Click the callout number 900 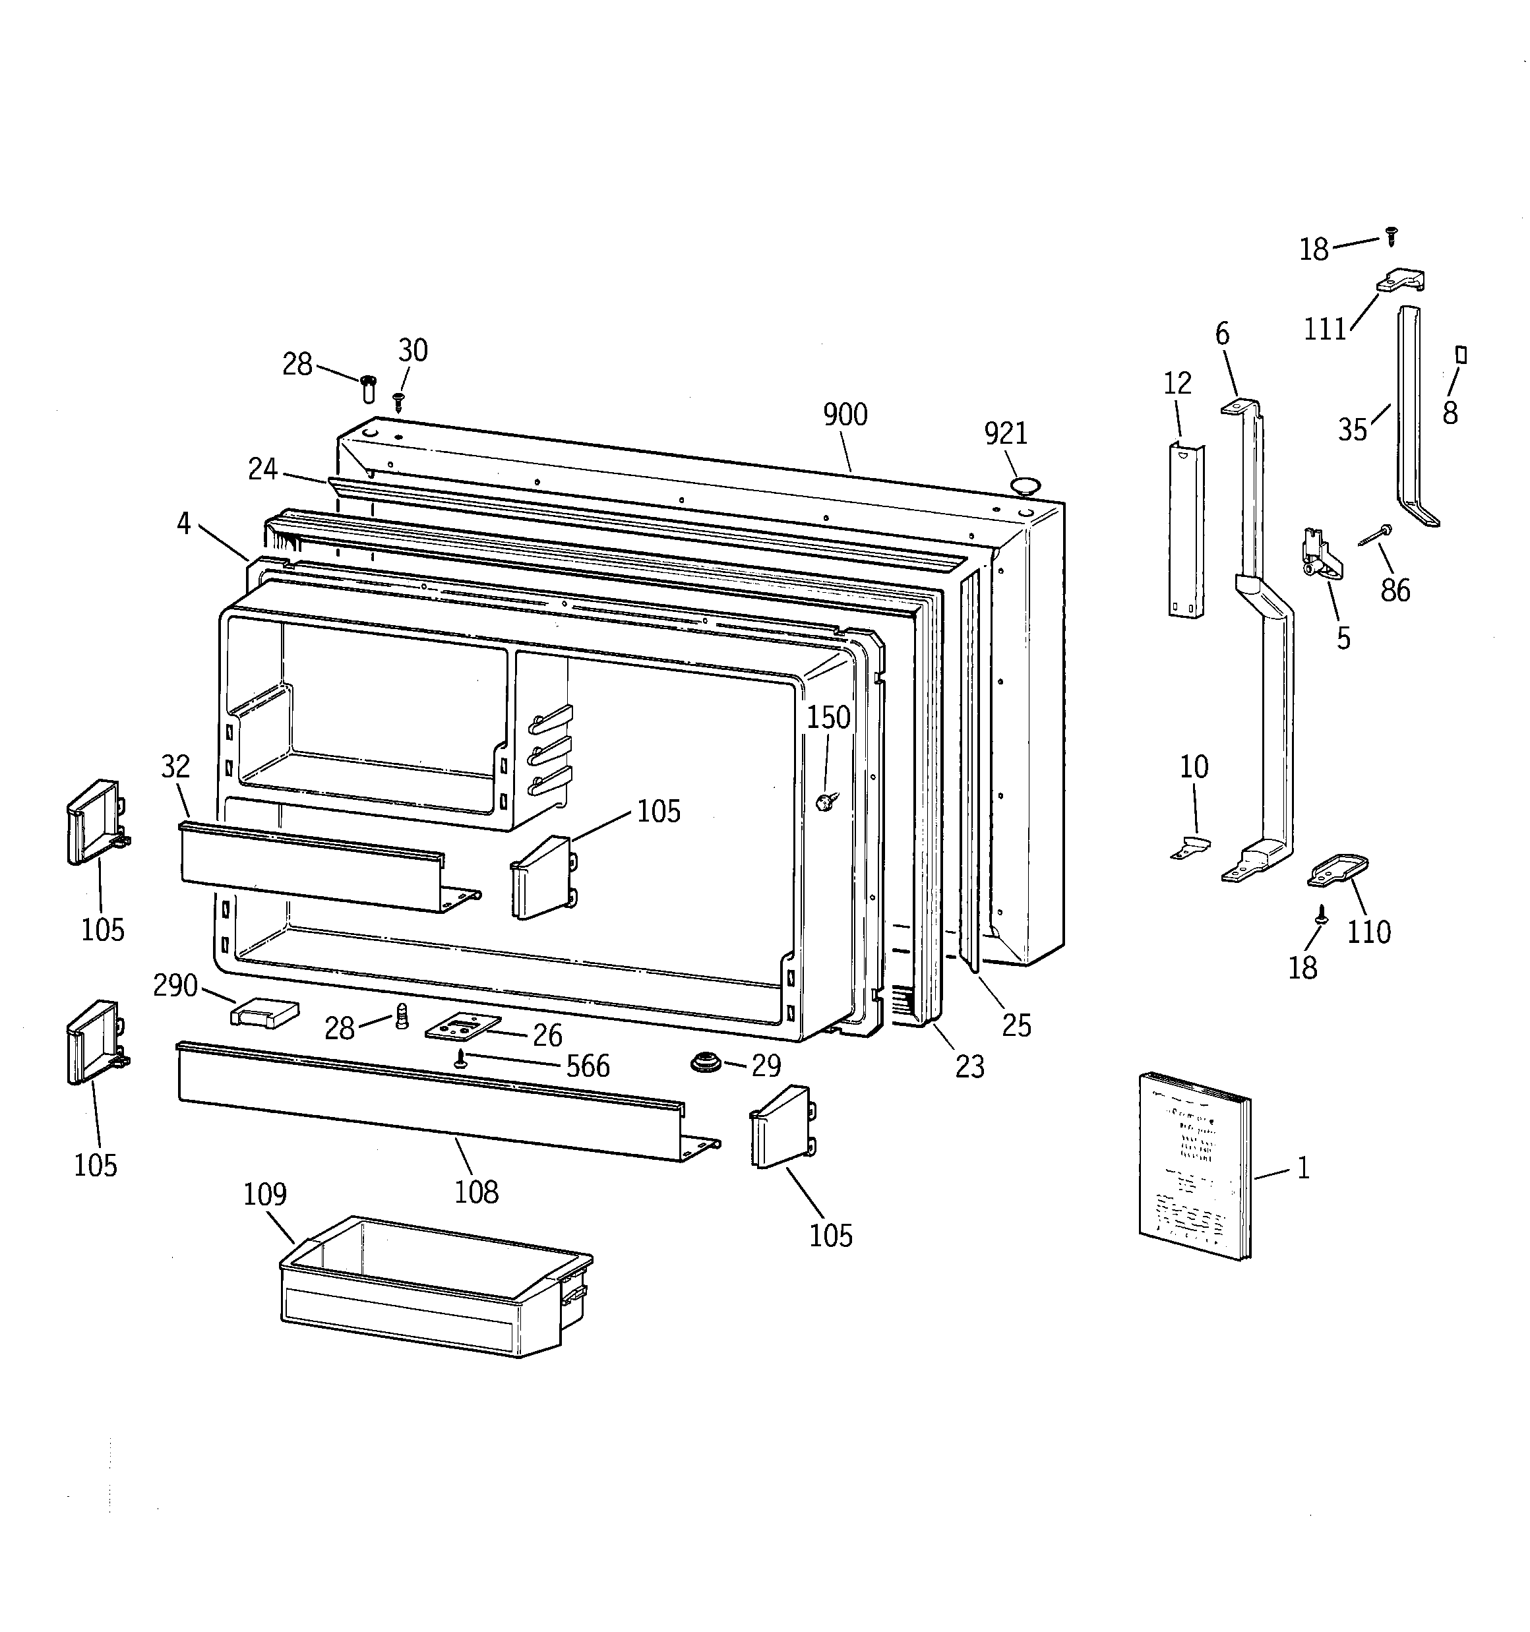[845, 415]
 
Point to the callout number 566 [588, 1066]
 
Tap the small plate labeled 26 [462, 1026]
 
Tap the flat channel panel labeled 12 [1186, 529]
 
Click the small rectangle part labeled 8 [1461, 355]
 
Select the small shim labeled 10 [1191, 847]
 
